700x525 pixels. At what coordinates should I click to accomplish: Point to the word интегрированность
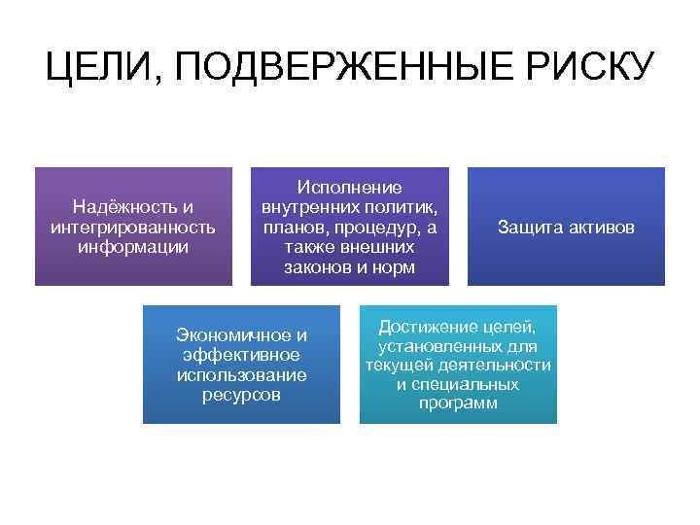coord(133,226)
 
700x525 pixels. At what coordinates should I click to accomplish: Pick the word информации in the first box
coord(133,245)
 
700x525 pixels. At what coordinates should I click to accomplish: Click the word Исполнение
coord(349,187)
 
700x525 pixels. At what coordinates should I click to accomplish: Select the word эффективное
coord(241,355)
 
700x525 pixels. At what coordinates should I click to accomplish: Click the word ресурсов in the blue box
coord(241,394)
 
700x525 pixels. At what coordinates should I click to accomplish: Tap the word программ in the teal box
coord(458,403)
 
